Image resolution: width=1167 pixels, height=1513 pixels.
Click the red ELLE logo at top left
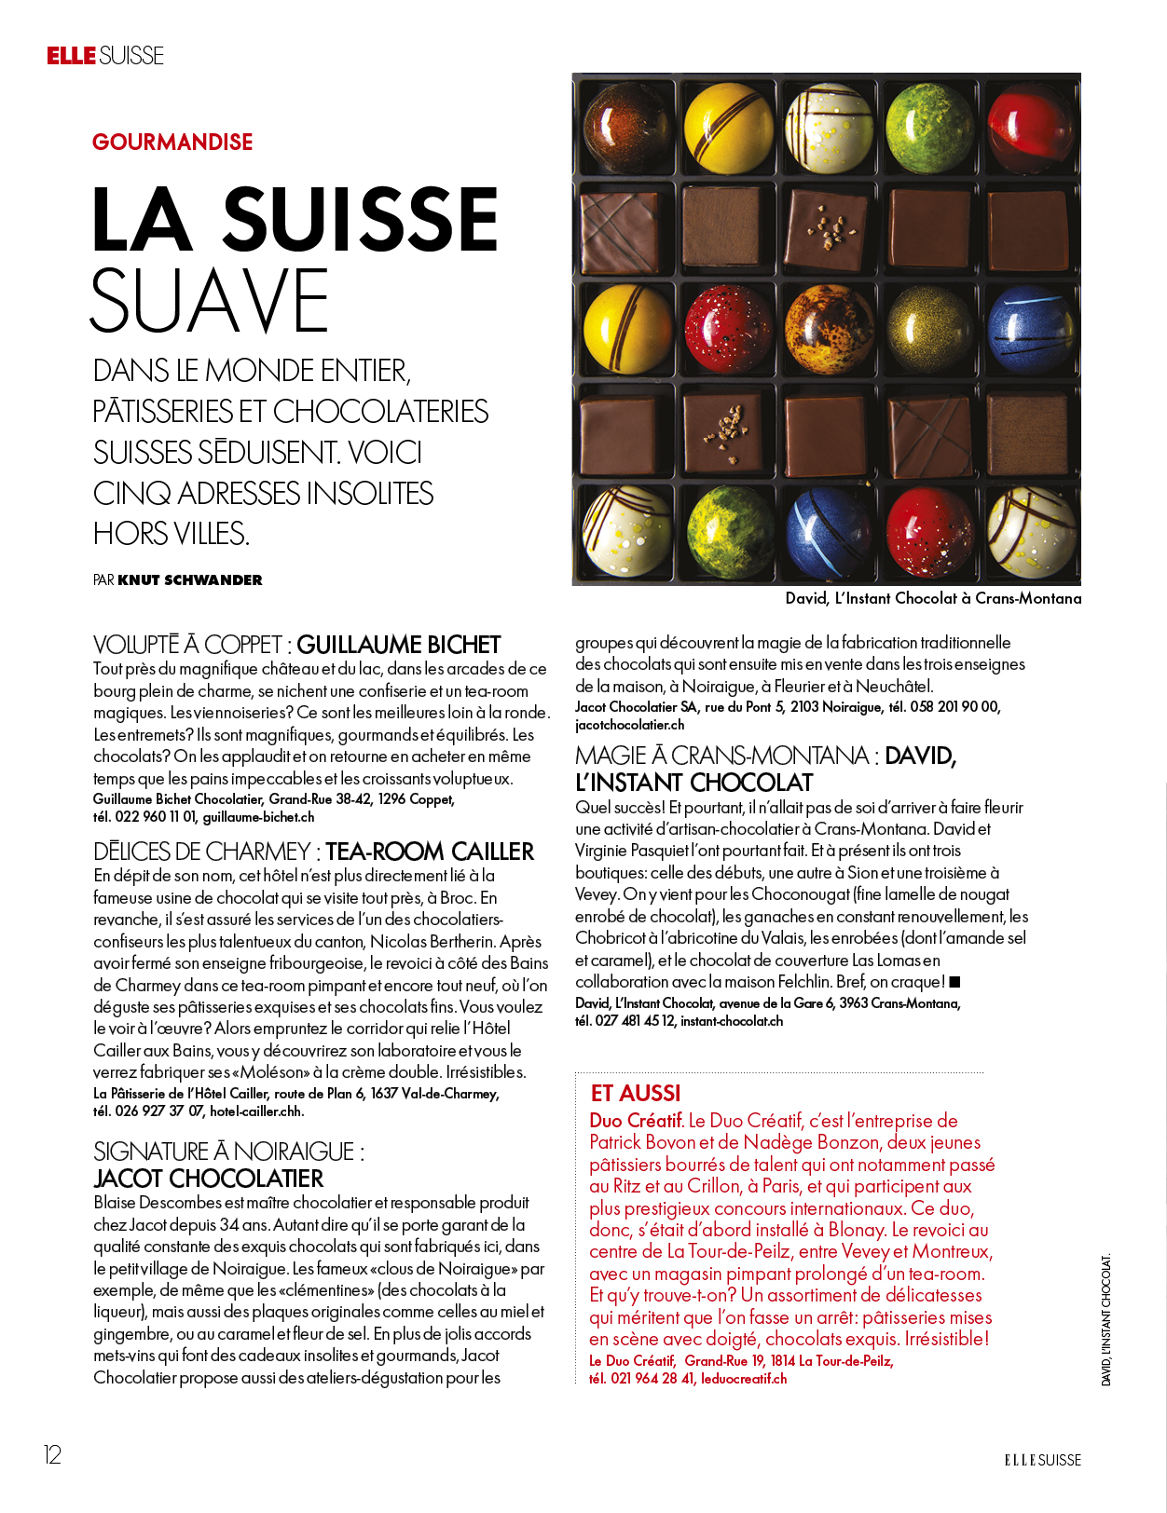coord(72,56)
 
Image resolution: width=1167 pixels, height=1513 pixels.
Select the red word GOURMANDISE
coord(172,143)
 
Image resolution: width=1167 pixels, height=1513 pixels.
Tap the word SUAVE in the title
coord(210,301)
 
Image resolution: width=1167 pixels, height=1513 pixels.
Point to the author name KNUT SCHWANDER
coord(190,580)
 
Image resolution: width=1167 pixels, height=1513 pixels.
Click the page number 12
coord(52,1455)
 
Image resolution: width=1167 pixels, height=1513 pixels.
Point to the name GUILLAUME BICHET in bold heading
coord(399,645)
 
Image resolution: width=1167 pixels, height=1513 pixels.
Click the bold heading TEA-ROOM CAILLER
coord(430,852)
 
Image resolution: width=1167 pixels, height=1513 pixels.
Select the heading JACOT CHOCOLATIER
coord(209,1179)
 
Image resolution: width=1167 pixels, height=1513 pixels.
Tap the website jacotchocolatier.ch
coord(630,725)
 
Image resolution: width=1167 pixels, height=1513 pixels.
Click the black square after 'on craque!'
coord(954,982)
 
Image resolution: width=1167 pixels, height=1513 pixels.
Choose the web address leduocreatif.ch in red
coord(744,1379)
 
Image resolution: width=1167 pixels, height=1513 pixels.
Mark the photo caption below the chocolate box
coord(933,599)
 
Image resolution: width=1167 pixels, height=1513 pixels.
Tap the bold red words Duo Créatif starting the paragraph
coord(637,1121)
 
